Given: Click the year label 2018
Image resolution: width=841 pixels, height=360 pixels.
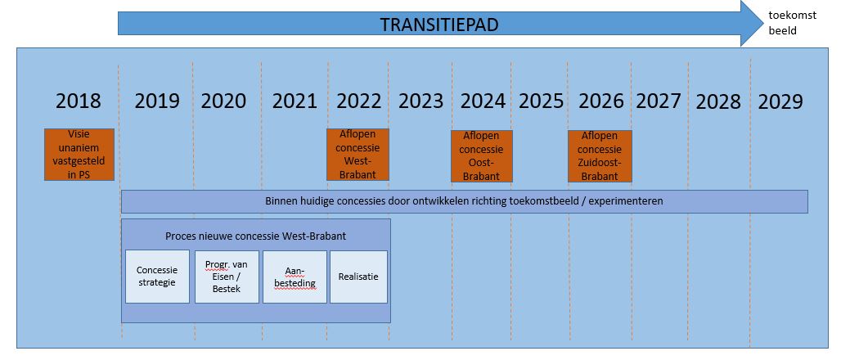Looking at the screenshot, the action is [x=79, y=101].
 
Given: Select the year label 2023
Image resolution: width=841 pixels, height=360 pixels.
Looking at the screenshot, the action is [x=421, y=101].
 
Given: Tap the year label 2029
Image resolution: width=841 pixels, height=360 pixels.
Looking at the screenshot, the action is [x=780, y=101].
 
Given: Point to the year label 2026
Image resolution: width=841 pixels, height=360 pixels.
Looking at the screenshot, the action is [x=601, y=101].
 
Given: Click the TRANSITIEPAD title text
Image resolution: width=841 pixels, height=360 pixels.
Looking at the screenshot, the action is [x=439, y=25].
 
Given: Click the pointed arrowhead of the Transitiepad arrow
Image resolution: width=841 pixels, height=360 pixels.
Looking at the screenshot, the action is [x=763, y=24].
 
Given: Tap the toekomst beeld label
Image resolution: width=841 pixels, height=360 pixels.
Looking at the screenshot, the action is [x=792, y=23].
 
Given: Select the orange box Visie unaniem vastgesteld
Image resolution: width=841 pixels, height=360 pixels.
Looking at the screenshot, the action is [x=79, y=155].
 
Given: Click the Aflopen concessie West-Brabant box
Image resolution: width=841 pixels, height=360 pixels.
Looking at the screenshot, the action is [x=358, y=155].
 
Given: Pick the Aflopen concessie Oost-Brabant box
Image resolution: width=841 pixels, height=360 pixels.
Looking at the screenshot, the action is [x=482, y=156].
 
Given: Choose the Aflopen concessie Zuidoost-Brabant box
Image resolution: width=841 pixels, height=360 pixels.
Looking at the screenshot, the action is [x=600, y=156].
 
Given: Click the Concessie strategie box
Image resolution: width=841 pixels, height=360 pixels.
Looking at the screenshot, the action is [x=157, y=277].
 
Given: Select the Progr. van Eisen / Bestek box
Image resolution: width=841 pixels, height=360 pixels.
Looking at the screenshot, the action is [x=227, y=277].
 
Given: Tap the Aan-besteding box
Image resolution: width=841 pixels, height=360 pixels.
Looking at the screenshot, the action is [x=295, y=277].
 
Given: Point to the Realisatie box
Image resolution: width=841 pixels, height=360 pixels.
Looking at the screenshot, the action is [x=358, y=277].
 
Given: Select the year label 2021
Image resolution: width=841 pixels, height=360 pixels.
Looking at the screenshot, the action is [x=295, y=101].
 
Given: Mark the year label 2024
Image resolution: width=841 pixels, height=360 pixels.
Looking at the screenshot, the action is [x=483, y=101].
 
